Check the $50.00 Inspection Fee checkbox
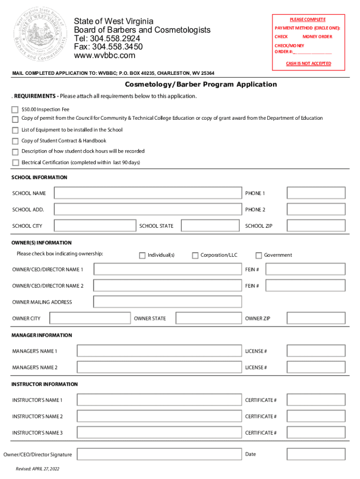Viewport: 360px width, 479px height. pos(15,109)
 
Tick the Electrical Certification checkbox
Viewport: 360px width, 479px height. pos(15,163)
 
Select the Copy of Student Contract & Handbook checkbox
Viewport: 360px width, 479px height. pos(15,141)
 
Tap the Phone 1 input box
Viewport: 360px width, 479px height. pos(316,193)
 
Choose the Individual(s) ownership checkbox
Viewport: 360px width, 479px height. pos(142,255)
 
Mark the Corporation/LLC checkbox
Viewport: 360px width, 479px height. pos(195,255)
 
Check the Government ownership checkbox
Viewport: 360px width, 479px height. pos(259,255)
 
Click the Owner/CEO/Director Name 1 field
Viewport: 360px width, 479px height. pos(167,269)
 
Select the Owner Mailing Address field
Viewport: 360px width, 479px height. pos(167,302)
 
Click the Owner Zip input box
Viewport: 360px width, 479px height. pos(316,319)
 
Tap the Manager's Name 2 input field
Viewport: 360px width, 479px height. pos(159,368)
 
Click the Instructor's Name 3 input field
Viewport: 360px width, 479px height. pos(159,433)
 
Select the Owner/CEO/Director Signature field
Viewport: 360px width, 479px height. pos(159,454)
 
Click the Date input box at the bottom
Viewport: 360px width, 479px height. pos(316,454)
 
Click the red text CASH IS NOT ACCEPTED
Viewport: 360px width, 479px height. pos(309,64)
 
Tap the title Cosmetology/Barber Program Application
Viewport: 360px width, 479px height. pos(201,85)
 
